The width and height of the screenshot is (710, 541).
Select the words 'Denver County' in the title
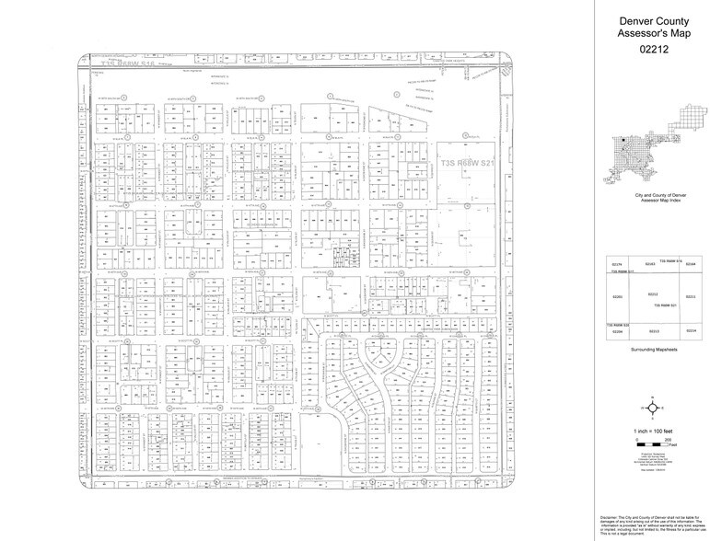point(652,18)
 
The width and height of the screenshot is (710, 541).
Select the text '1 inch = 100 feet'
point(652,432)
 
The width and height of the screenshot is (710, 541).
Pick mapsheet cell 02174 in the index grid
point(618,265)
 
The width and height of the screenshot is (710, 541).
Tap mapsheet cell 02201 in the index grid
point(618,297)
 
